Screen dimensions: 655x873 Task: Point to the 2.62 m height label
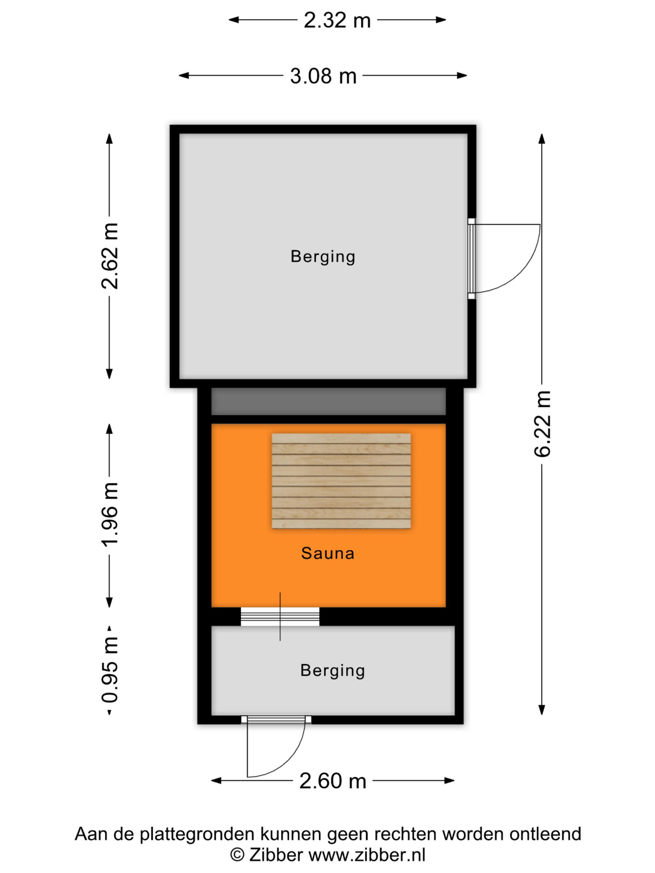110,256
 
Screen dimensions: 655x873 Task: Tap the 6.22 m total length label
542,424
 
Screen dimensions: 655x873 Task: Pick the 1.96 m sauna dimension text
110,515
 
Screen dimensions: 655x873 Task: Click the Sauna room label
328,553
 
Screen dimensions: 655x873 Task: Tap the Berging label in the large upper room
323,257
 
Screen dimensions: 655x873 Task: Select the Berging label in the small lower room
332,670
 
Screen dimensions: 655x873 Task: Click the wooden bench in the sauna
341,481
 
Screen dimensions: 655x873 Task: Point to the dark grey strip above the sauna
328,401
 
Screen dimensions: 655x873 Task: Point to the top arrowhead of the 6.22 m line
542,138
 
